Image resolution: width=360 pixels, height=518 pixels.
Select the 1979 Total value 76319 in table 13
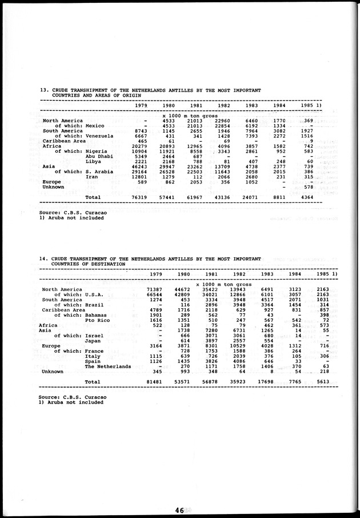click(141, 197)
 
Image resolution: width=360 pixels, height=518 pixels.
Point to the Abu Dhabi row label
click(99, 156)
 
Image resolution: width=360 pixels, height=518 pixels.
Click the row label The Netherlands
click(108, 366)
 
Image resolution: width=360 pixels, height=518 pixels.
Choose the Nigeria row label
click(99, 151)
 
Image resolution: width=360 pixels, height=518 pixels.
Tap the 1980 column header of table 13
click(168, 106)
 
